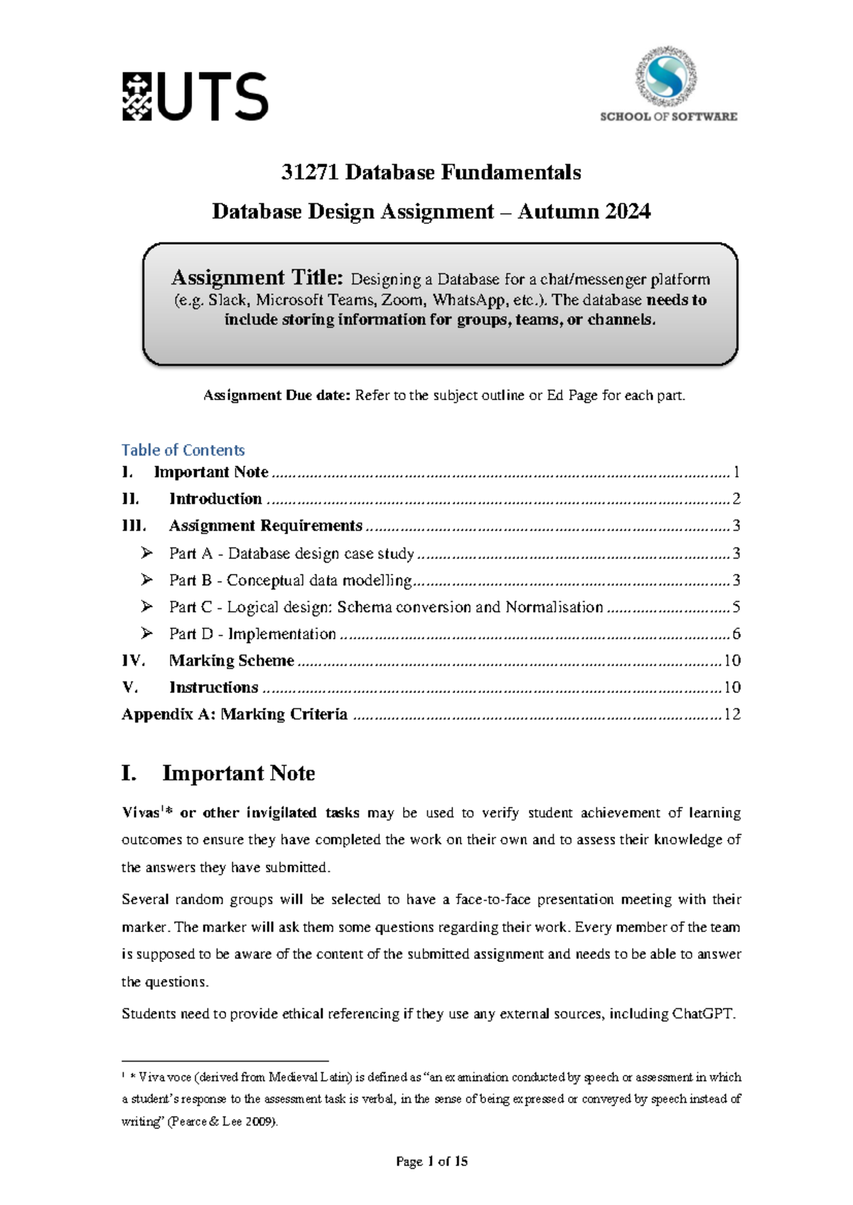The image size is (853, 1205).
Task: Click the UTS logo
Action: click(195, 97)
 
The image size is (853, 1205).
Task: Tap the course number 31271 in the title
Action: click(309, 173)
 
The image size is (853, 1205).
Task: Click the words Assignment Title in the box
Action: click(257, 278)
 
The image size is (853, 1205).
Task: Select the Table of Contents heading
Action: click(183, 450)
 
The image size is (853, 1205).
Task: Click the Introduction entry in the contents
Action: click(215, 499)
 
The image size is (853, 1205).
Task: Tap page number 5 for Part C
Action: click(736, 607)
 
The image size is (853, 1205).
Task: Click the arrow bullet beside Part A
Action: click(146, 553)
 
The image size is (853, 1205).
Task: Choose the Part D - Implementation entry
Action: click(252, 634)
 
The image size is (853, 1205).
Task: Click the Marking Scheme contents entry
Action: click(231, 661)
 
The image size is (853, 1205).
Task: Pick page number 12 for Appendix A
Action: click(731, 715)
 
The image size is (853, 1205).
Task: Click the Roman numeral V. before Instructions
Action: click(129, 688)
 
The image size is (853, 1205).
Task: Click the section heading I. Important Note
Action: click(218, 773)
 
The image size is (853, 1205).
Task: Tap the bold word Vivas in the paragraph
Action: click(141, 813)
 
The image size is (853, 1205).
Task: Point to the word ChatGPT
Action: click(702, 1014)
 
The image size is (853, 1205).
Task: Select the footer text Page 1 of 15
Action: click(431, 1162)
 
